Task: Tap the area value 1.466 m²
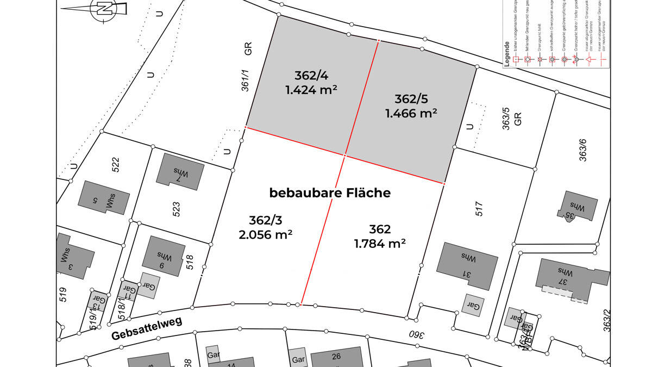click(x=411, y=114)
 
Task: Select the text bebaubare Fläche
click(x=330, y=193)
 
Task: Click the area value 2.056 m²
click(x=266, y=234)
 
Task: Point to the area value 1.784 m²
click(x=380, y=244)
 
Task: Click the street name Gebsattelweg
click(x=147, y=328)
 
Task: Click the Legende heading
click(x=507, y=59)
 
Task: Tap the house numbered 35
click(x=577, y=208)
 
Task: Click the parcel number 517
click(x=479, y=209)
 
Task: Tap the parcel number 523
click(x=175, y=209)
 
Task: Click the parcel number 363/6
click(x=583, y=151)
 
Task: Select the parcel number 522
click(x=115, y=164)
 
